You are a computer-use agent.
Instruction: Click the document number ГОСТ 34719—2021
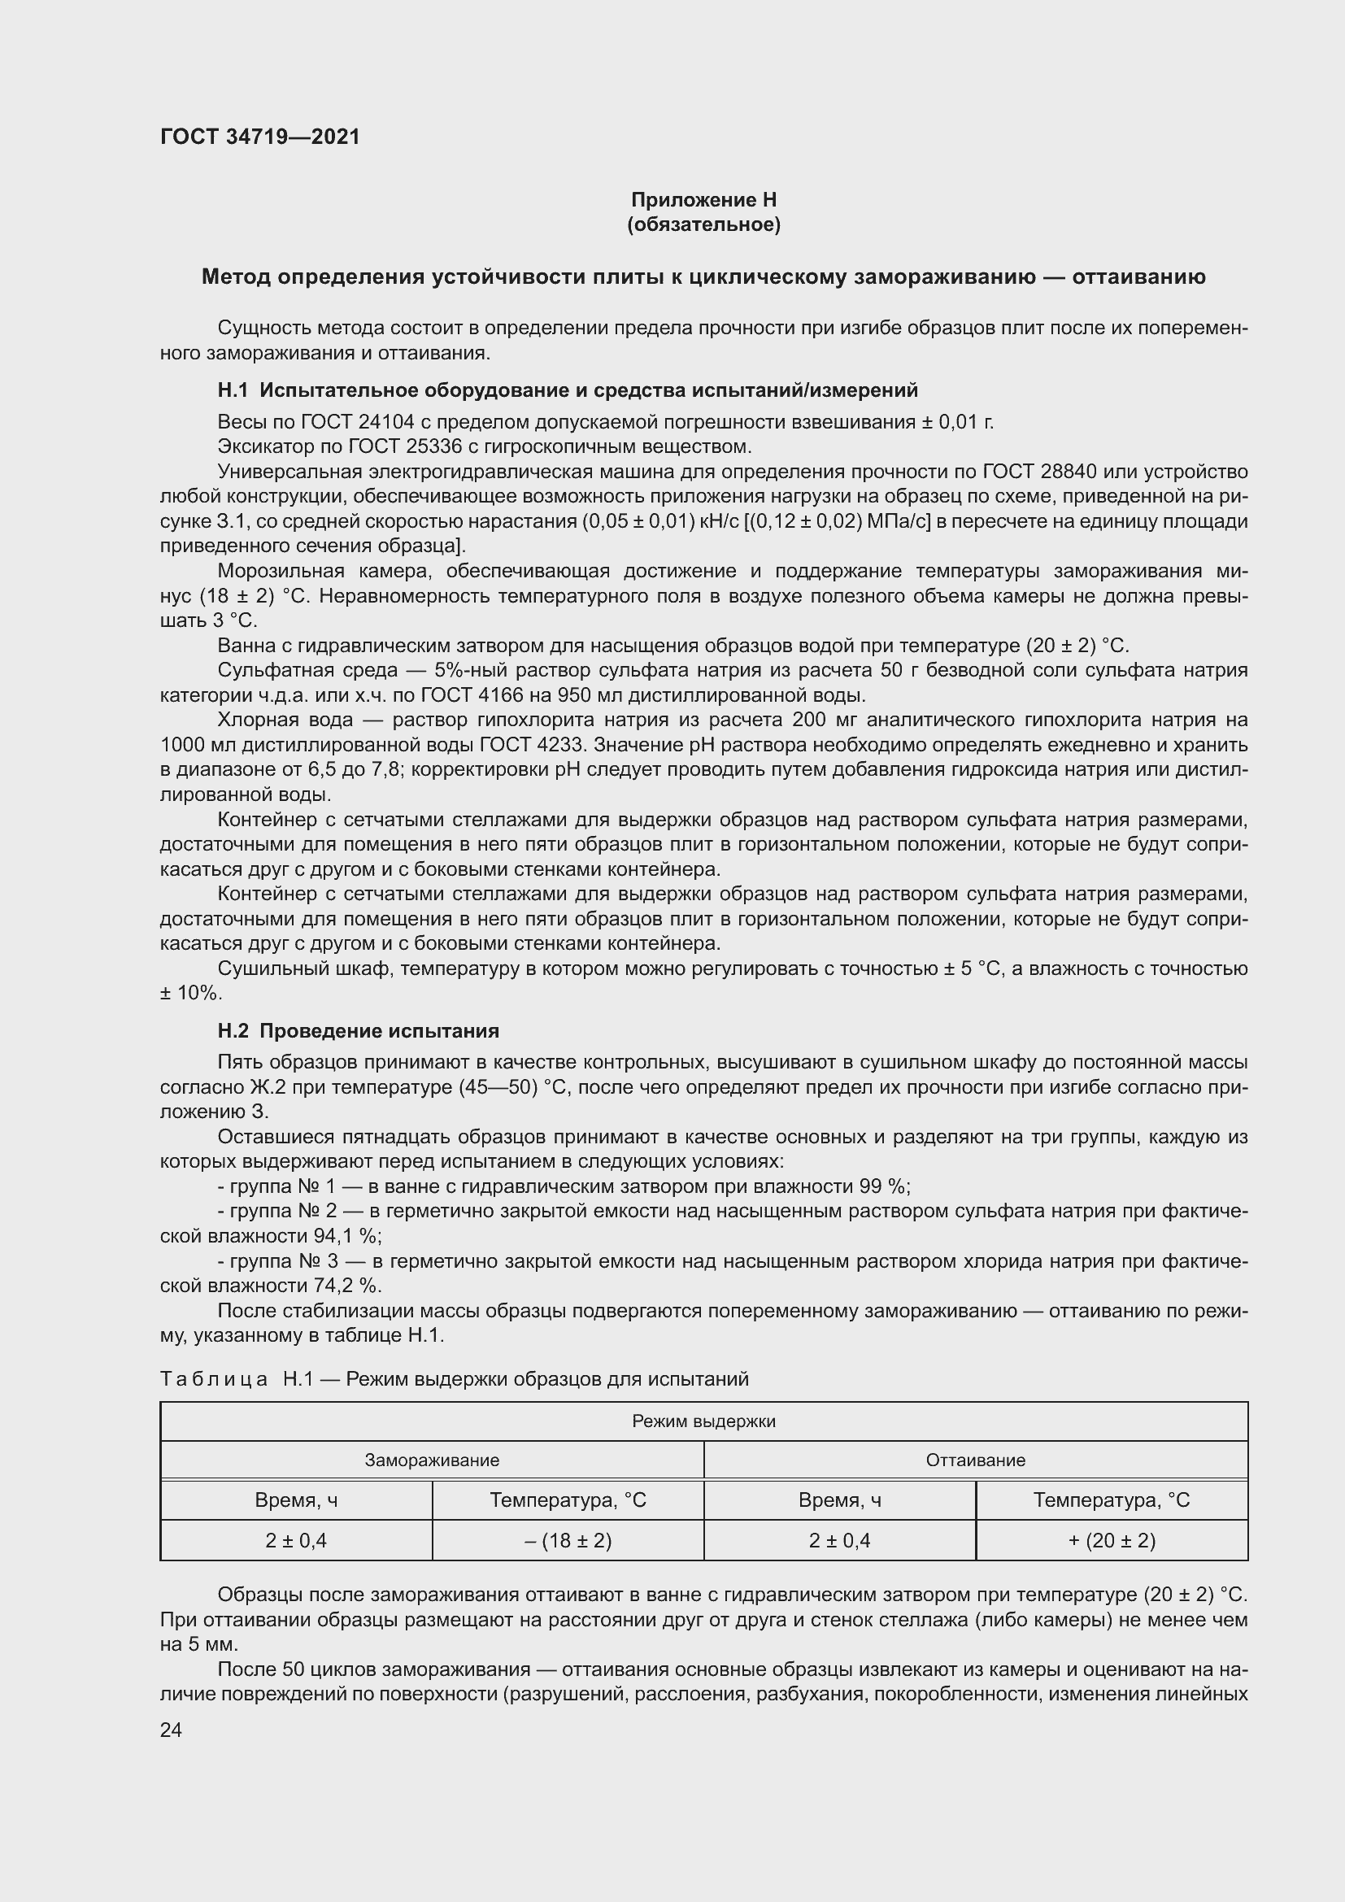(260, 137)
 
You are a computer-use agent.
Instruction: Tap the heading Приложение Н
(703, 200)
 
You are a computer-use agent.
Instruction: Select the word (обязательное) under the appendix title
(703, 224)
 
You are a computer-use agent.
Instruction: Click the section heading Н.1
(568, 390)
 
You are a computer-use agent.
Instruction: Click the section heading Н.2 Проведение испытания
(358, 1030)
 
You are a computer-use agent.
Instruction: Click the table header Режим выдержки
(703, 1421)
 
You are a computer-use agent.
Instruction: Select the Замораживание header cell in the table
(432, 1460)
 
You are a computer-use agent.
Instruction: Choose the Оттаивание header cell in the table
(975, 1460)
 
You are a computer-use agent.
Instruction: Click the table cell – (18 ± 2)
(568, 1540)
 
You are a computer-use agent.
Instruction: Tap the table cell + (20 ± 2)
(1111, 1540)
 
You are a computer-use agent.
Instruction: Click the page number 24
(172, 1730)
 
